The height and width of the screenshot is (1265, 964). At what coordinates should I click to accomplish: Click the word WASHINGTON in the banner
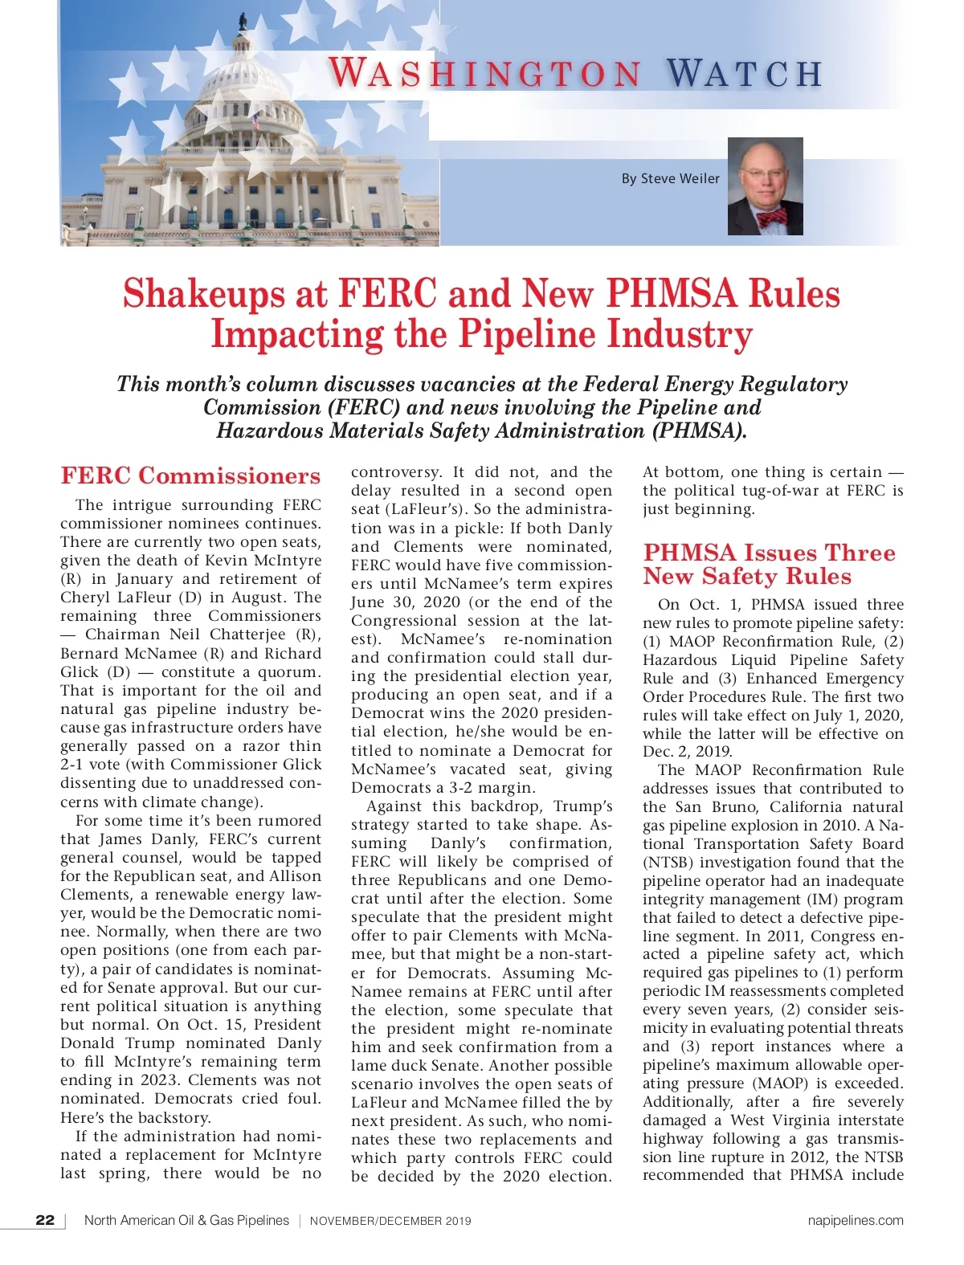(485, 73)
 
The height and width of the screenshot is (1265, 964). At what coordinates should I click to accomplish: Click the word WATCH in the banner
(745, 73)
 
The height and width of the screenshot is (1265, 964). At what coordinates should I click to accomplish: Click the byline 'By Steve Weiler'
(670, 178)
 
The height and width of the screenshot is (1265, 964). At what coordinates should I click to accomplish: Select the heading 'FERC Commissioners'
(190, 475)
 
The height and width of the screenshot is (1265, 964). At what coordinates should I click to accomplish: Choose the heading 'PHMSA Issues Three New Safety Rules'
(769, 564)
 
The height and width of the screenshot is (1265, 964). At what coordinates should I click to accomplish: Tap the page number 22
(45, 1220)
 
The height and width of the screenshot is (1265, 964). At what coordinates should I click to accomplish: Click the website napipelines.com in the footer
(855, 1220)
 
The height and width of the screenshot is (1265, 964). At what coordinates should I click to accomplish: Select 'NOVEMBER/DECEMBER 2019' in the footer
(390, 1221)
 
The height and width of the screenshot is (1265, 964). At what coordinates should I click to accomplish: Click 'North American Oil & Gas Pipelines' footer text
(186, 1220)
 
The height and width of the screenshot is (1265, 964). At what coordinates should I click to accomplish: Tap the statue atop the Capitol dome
(243, 22)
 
